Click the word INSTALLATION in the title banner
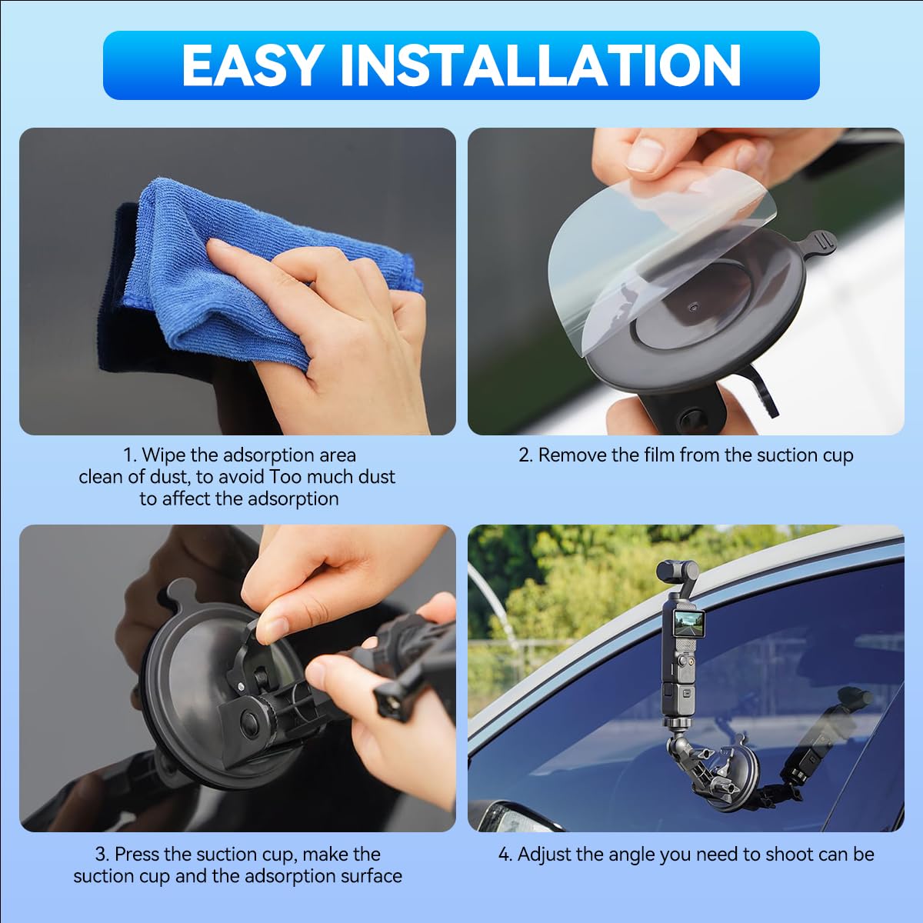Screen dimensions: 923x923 tap(540, 65)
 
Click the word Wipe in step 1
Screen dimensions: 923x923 tap(164, 455)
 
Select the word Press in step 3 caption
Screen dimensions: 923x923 tap(139, 855)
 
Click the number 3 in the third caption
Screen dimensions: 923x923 tap(101, 855)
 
